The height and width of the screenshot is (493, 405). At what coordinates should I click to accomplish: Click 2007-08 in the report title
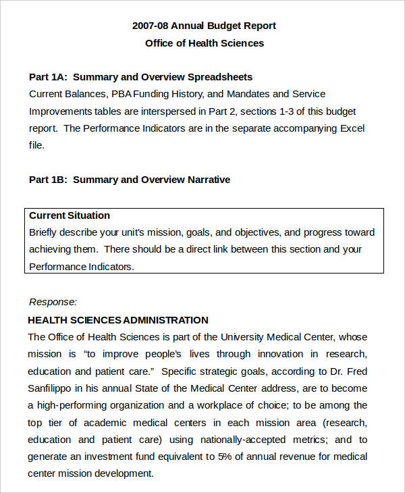click(x=150, y=26)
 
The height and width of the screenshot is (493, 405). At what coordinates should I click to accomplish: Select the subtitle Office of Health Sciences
click(x=205, y=43)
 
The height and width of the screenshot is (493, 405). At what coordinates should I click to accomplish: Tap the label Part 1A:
click(x=48, y=77)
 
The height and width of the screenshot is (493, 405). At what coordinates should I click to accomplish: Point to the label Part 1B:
click(x=48, y=180)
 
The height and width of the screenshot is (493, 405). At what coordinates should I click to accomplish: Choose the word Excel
click(x=351, y=128)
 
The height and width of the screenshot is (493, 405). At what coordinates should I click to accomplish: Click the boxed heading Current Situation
click(x=70, y=215)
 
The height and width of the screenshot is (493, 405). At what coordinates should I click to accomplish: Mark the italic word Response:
click(x=53, y=302)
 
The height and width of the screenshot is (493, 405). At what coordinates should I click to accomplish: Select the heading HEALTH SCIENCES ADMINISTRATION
click(x=118, y=320)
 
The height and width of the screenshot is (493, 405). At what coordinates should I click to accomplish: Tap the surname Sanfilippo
click(x=53, y=388)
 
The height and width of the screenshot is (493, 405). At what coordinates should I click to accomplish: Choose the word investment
click(x=108, y=457)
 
